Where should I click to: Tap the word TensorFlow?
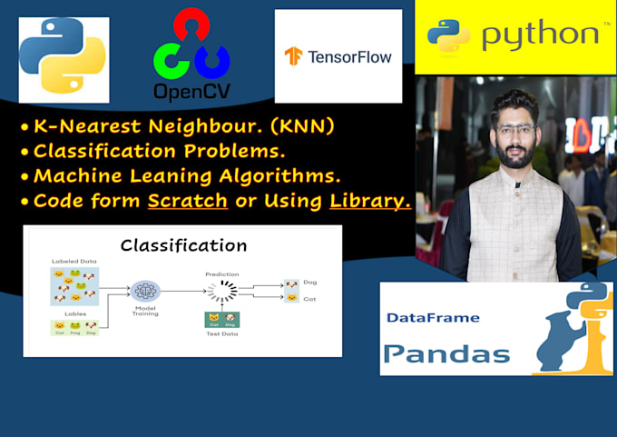coord(349,56)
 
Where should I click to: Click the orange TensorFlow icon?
coord(292,56)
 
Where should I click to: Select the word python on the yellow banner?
coord(540,35)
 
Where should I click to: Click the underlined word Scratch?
coord(189,201)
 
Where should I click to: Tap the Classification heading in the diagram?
coord(183,245)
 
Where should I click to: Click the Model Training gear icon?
coord(144,291)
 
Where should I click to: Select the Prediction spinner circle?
coord(222,291)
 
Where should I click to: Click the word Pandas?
coord(446,353)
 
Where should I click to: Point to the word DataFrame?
coord(432,318)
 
